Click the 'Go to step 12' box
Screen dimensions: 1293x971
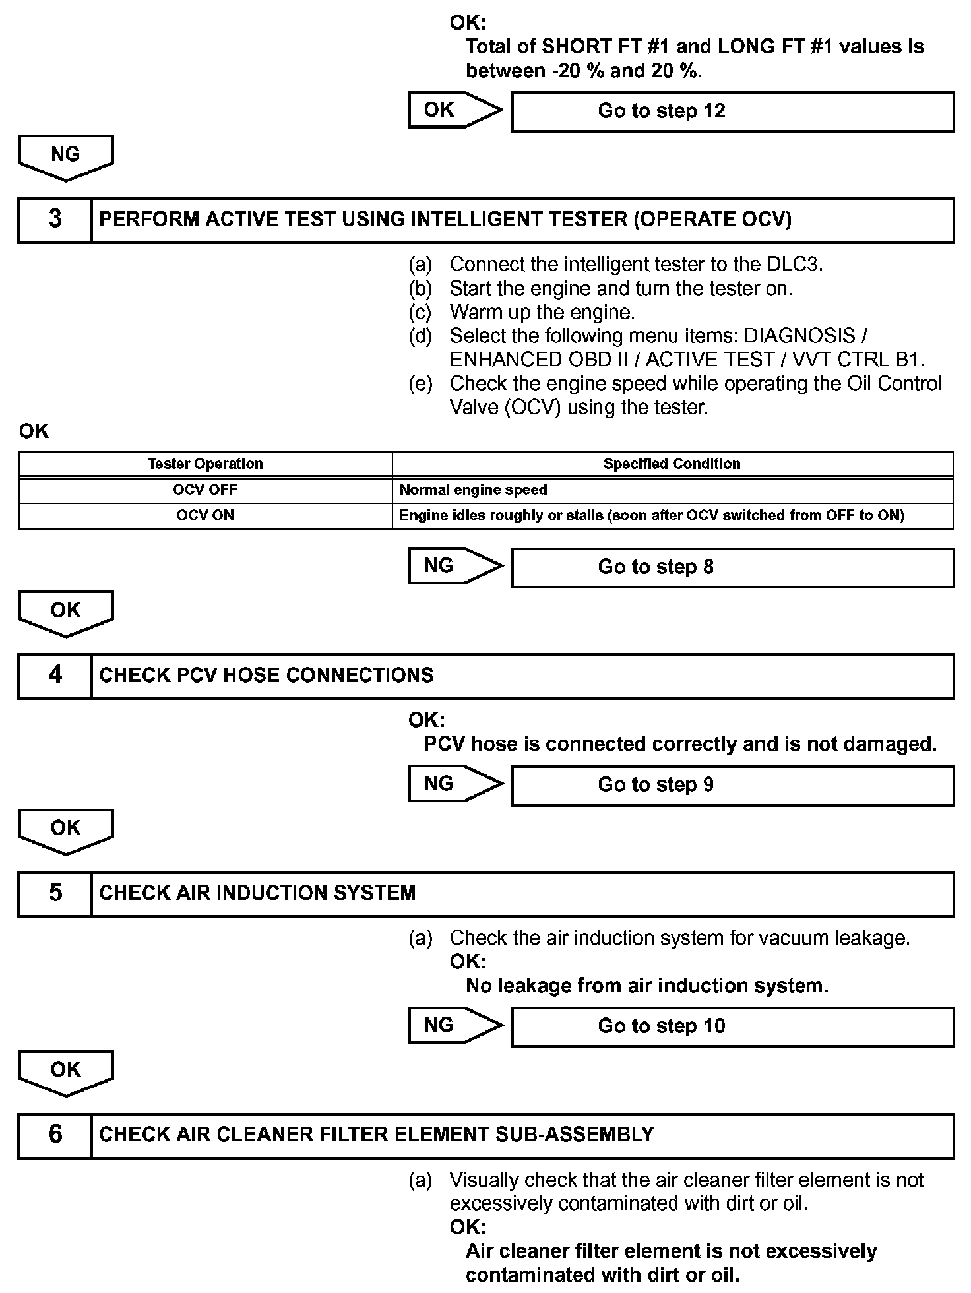pos(732,111)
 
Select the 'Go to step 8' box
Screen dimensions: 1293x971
pos(732,567)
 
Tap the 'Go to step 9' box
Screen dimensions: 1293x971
pos(732,785)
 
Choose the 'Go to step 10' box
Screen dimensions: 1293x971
pos(732,1026)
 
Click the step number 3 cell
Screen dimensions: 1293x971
pos(55,220)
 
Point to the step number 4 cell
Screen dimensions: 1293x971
pos(55,676)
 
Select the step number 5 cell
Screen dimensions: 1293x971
pos(55,893)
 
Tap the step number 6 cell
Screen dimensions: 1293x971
pos(55,1135)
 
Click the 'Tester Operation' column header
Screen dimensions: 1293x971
pos(205,464)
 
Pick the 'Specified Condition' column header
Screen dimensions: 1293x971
pos(672,464)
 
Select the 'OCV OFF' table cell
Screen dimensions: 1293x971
pos(205,490)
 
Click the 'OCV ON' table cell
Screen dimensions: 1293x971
pos(205,515)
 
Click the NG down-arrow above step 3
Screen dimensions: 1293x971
pos(66,157)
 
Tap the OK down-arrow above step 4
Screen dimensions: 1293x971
pos(66,613)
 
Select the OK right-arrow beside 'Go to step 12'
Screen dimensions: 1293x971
pos(454,110)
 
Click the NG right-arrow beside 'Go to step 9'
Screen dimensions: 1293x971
pos(454,784)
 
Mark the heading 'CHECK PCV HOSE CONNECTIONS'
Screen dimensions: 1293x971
pos(266,676)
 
